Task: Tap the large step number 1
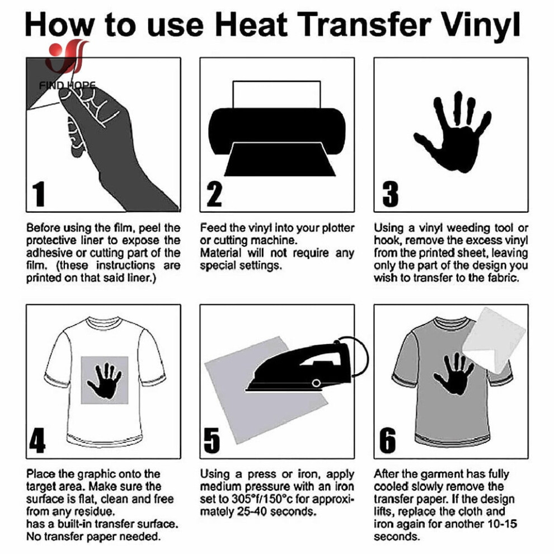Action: click(39, 194)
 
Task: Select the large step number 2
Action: click(214, 194)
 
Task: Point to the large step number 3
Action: click(390, 194)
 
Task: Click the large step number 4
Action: click(37, 440)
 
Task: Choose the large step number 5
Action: click(212, 440)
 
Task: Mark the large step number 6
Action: click(388, 440)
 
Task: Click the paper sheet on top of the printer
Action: click(276, 95)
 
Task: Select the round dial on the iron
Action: click(316, 383)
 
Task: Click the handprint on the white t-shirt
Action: click(104, 381)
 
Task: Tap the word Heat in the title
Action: click(251, 25)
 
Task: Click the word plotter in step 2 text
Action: click(338, 228)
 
